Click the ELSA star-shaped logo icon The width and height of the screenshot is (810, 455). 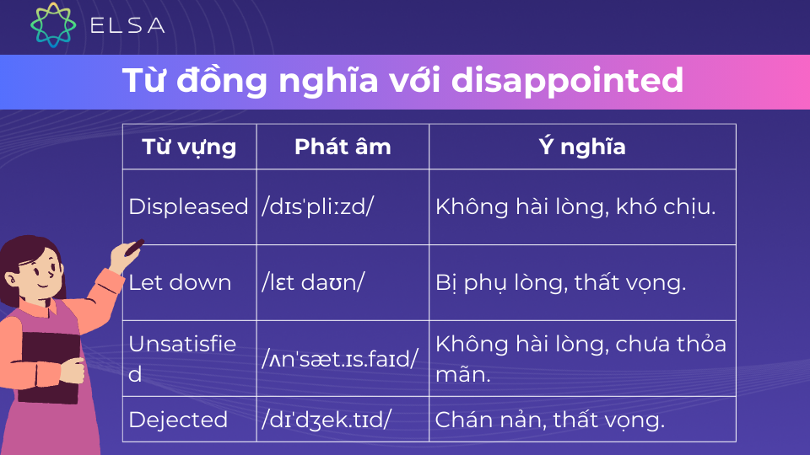(53, 24)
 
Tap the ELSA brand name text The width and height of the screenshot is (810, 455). (127, 25)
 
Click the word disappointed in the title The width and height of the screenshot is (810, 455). (567, 81)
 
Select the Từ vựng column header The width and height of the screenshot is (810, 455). (189, 147)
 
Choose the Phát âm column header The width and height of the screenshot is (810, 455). (343, 147)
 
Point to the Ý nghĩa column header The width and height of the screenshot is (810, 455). (582, 147)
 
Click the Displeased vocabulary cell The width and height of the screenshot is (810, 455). (188, 207)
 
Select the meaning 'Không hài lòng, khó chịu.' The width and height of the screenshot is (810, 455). (575, 207)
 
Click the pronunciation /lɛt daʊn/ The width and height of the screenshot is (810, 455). (313, 283)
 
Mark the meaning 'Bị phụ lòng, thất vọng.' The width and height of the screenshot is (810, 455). (560, 283)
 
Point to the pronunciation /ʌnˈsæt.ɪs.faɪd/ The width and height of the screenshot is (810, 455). (340, 359)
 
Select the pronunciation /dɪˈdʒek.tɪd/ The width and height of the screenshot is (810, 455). (327, 420)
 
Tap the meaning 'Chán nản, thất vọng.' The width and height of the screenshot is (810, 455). (549, 420)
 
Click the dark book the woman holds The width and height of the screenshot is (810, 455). (49, 367)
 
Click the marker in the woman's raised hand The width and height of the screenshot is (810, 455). (134, 247)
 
